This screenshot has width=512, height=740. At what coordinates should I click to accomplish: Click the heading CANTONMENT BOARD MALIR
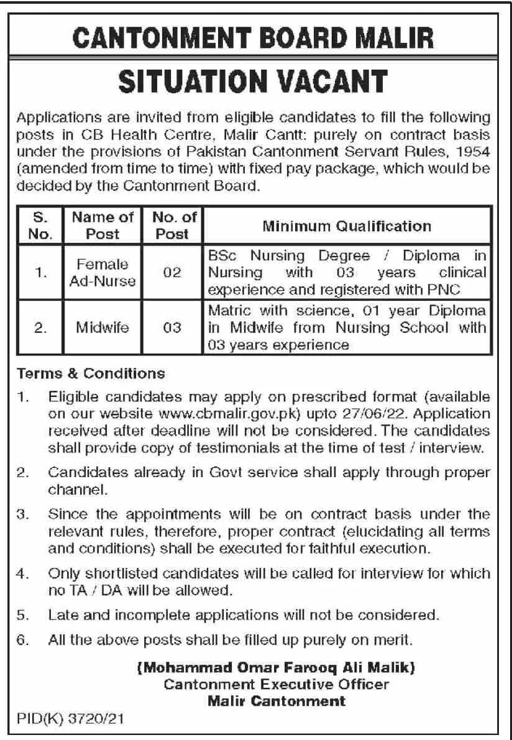(255, 39)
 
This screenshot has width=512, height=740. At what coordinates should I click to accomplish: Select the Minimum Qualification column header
(346, 226)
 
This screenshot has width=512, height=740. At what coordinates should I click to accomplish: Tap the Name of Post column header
(103, 226)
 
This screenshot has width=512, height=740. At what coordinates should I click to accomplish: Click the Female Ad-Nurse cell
(103, 273)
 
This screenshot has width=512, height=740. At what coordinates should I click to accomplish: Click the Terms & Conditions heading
(91, 374)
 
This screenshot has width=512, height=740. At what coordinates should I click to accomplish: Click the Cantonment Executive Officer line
(277, 685)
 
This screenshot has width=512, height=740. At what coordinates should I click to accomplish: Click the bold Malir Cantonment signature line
(277, 701)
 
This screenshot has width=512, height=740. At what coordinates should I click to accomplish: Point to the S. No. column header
(38, 226)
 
